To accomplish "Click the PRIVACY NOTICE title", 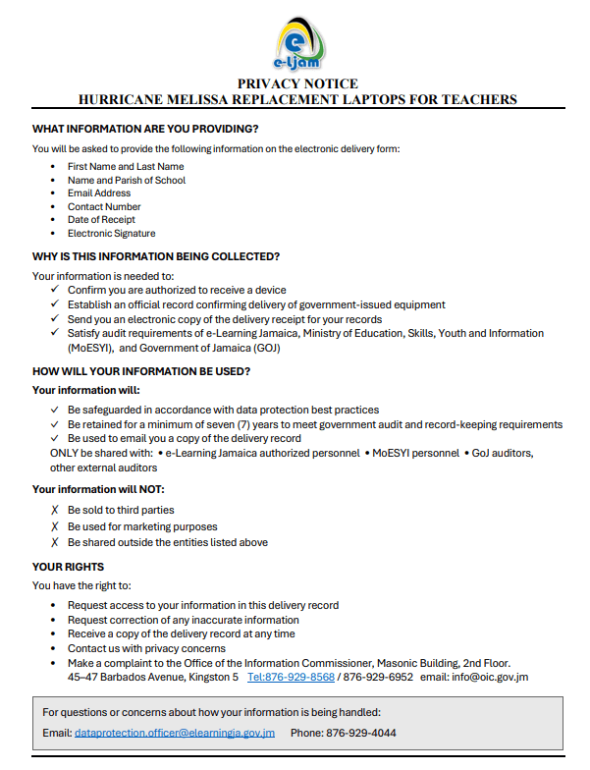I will point(297,84).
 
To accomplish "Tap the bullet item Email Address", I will point(99,193).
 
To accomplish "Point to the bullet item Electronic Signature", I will point(111,234).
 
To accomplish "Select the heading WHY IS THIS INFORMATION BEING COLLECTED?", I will point(156,256).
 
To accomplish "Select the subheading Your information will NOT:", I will point(98,489).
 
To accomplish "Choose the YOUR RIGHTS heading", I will point(68,567).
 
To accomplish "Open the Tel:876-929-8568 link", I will point(291,677).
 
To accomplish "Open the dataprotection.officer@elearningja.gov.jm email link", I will point(175,733).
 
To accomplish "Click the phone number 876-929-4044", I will point(362,733).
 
